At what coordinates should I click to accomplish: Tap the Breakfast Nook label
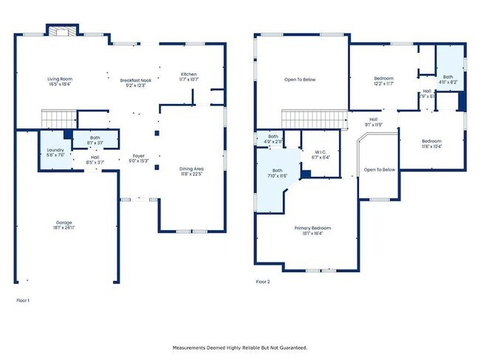pos(135,82)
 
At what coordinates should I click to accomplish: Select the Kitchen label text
pos(188,76)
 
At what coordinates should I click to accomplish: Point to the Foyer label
pos(138,158)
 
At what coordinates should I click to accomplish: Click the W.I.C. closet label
pos(320,154)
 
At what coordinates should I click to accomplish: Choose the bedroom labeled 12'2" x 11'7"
pos(383,80)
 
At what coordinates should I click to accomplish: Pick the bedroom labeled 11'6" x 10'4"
pos(431,143)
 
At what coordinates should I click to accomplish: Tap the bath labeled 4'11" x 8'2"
pos(448,78)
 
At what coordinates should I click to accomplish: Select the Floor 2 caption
pos(263,282)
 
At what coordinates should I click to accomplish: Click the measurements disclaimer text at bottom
pos(239,347)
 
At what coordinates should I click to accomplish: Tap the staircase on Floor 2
pos(315,120)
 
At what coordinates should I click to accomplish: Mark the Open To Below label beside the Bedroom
pos(380,170)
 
